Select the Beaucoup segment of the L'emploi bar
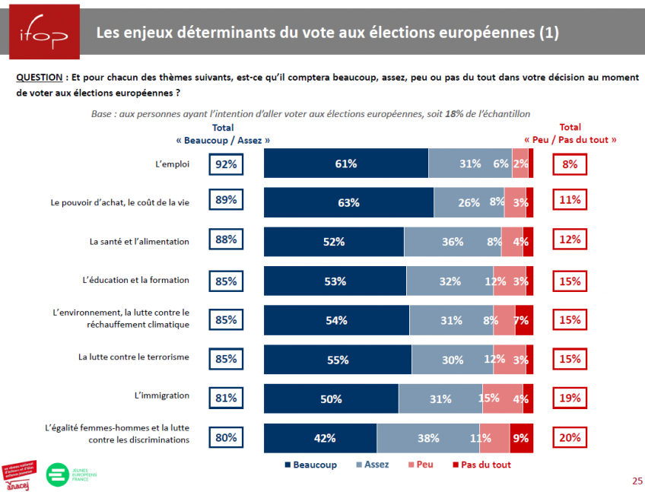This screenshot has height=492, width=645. (346, 163)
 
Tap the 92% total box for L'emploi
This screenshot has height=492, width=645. (226, 163)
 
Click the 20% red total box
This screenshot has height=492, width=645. (570, 437)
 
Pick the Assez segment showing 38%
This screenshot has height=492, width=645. (428, 437)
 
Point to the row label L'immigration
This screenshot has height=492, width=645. (162, 395)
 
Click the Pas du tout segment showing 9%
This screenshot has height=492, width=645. (521, 437)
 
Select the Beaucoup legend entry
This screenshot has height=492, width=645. (312, 464)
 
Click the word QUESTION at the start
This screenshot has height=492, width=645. (39, 78)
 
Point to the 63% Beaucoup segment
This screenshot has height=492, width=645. (348, 202)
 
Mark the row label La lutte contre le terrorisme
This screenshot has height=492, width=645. (134, 357)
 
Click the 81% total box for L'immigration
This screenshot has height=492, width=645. (226, 397)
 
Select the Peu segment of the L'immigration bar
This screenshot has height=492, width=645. (488, 398)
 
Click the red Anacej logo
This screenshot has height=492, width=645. (21, 475)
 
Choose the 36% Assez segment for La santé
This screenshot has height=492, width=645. (453, 242)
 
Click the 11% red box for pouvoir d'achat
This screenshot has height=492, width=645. (570, 200)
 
